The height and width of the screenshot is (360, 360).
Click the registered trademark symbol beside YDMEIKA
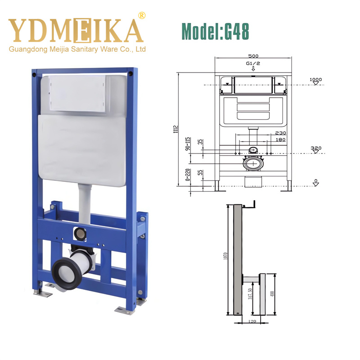[x=142, y=16]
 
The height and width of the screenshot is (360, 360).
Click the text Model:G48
[x=215, y=31]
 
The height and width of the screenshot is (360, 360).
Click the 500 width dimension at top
[x=253, y=56]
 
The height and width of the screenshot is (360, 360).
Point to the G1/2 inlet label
[x=253, y=64]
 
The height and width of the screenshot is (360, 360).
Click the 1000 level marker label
[x=316, y=80]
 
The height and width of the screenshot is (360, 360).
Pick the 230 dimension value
[x=280, y=133]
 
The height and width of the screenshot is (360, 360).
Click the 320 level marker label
[x=316, y=148]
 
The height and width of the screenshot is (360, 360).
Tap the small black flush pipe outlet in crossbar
[x=79, y=234]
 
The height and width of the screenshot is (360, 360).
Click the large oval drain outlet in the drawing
[x=253, y=164]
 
